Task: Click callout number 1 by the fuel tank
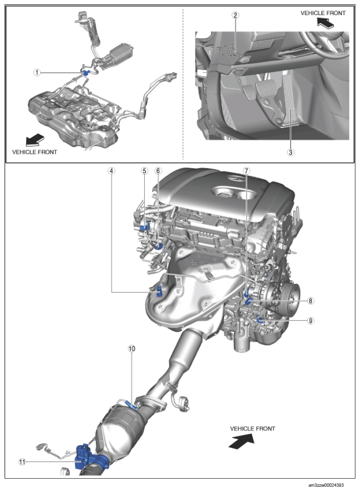pyautogui.click(x=37, y=73)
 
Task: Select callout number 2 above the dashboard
pyautogui.click(x=235, y=15)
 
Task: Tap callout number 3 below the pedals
pyautogui.click(x=290, y=152)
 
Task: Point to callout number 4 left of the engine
pyautogui.click(x=111, y=171)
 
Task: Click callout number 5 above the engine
pyautogui.click(x=144, y=171)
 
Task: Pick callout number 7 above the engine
pyautogui.click(x=246, y=171)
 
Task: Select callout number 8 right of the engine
pyautogui.click(x=310, y=300)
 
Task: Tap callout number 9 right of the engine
pyautogui.click(x=310, y=321)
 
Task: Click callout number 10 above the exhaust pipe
pyautogui.click(x=131, y=348)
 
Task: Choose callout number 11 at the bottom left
pyautogui.click(x=22, y=462)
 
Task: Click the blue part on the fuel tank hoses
pyautogui.click(x=85, y=73)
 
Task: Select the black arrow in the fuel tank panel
pyautogui.click(x=35, y=139)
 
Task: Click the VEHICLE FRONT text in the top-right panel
pyautogui.click(x=323, y=13)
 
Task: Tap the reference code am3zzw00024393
pyautogui.click(x=326, y=485)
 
